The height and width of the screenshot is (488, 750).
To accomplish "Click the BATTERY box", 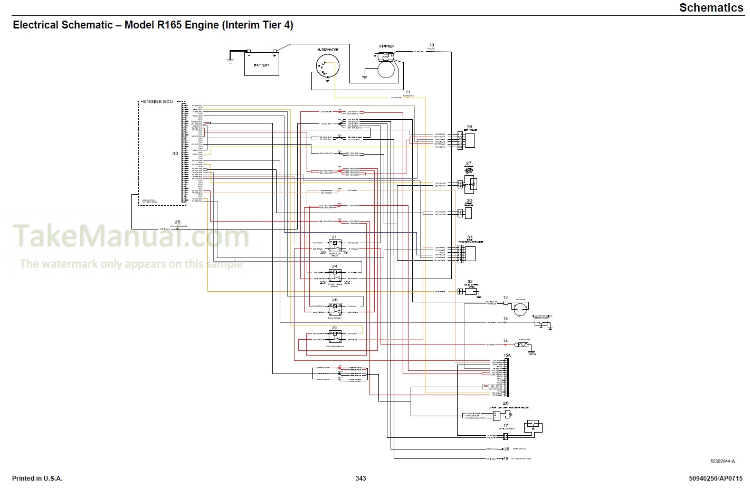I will coord(261,64).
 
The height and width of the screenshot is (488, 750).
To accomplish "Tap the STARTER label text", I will coord(386,46).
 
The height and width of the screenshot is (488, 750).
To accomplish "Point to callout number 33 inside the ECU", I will coord(175,154).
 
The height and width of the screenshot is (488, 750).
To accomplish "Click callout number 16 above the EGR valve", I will coord(469,127).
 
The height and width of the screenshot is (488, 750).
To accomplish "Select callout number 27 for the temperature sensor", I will coord(469,164).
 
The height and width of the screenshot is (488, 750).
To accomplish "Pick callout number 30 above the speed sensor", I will coord(469,200).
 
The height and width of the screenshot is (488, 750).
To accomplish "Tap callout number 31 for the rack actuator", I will coord(470,238).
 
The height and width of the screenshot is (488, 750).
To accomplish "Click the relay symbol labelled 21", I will coord(335,245).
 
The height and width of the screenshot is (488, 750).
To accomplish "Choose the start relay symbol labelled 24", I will coord(335,275).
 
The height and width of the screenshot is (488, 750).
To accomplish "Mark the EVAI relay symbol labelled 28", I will coord(335,309).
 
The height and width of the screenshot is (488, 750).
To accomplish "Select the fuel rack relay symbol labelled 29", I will coord(335,337).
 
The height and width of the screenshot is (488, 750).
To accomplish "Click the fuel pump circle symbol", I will coord(520,310).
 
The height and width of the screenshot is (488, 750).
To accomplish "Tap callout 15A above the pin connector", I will coord(507,356).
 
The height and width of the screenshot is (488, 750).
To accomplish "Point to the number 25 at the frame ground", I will coord(507,449).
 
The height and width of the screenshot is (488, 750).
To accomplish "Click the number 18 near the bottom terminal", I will coord(506,458).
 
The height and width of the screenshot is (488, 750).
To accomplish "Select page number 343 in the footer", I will coord(360,479).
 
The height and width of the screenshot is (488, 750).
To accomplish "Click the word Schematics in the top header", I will coord(711,7).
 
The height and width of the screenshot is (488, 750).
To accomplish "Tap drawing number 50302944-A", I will coord(722,462).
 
